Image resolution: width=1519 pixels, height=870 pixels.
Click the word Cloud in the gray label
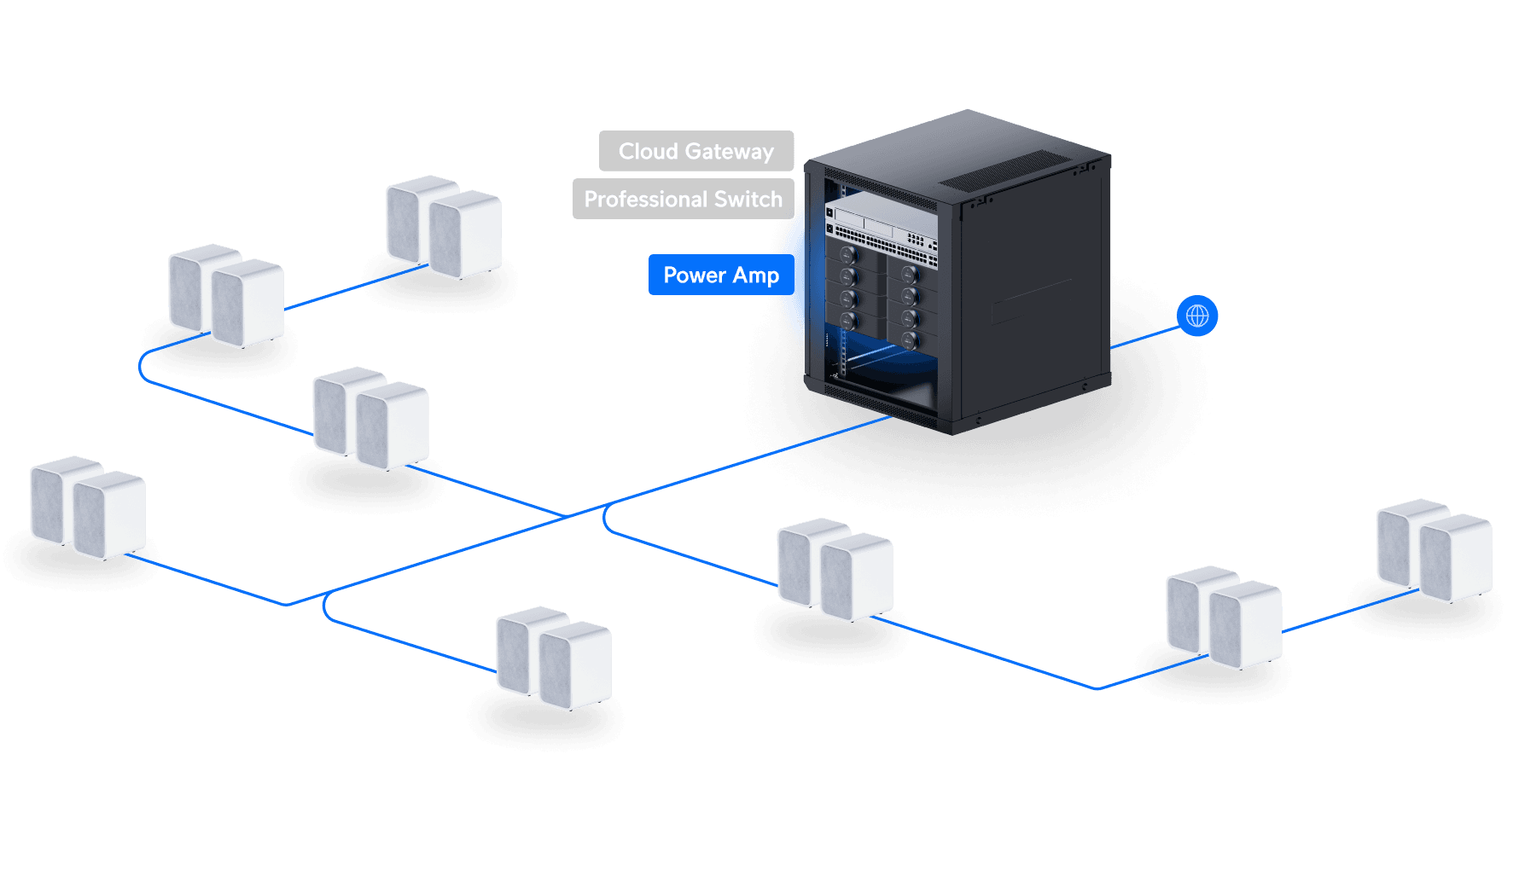pos(648,152)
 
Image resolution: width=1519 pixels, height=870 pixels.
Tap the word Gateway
pos(730,152)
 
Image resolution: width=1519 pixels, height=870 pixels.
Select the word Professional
pos(646,200)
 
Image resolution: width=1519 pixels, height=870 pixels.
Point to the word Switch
pos(748,200)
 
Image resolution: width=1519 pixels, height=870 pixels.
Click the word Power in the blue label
pos(695,275)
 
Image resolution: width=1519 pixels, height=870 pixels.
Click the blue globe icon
pos(1197,316)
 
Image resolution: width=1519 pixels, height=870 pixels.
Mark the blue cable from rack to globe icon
pos(1144,336)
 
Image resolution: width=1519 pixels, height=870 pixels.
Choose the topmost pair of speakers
pos(444,227)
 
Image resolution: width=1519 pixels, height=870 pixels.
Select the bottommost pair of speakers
pos(554,658)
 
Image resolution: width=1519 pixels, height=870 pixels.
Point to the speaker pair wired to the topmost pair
pos(226,296)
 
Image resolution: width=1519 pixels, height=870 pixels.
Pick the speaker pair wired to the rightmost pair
pos(1224,617)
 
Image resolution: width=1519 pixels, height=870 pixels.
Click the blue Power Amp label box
pos(722,275)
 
